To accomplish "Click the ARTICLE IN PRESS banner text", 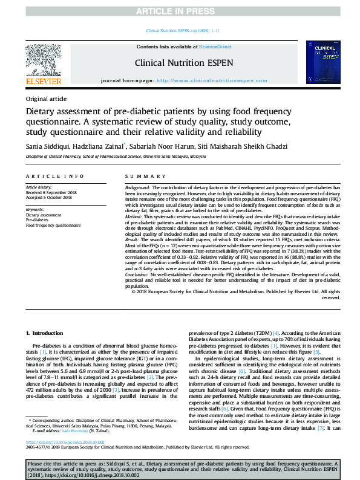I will pos(180,11).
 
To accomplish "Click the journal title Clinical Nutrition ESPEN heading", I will pos(179,62).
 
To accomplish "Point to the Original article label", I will pos(46,99).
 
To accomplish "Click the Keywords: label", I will pos(35,210).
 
